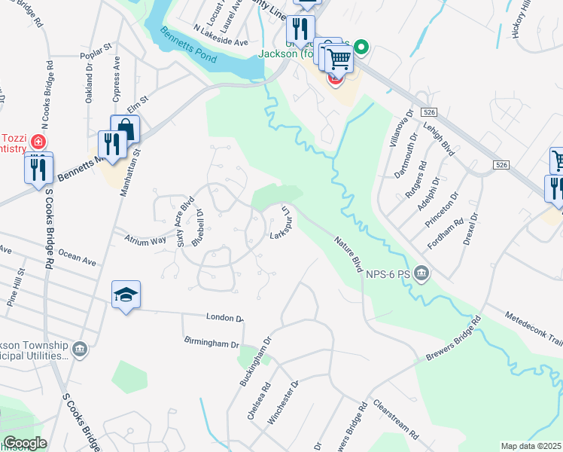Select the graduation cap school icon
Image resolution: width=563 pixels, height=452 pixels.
point(126,295)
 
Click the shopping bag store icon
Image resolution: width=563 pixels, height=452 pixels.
point(124,129)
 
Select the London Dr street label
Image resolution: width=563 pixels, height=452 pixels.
point(224,317)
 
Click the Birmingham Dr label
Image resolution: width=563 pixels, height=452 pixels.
point(211,341)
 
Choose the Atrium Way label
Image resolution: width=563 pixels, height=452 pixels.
point(147,240)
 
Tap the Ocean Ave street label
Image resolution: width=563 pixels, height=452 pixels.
point(78,261)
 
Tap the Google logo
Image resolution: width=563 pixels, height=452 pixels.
point(25,443)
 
